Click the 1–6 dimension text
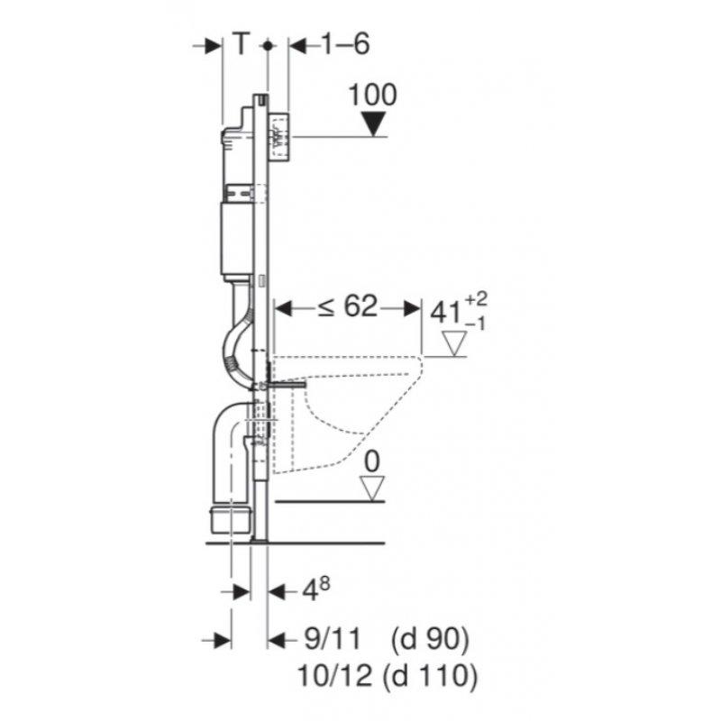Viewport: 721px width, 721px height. coord(345,44)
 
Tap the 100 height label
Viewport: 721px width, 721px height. coord(372,96)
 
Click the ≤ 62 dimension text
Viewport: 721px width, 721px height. coord(348,306)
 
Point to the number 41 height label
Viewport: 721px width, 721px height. coord(445,314)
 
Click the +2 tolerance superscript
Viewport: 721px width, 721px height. coord(476,300)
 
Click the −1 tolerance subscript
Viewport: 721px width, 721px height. coord(475,324)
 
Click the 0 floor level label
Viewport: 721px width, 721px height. coord(372,461)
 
